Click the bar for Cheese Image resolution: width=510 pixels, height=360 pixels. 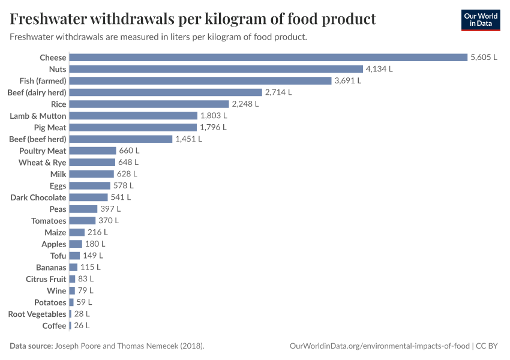[x=268, y=58]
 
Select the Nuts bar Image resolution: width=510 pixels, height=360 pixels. [x=216, y=69]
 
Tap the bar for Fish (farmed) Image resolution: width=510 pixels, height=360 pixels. [x=200, y=80]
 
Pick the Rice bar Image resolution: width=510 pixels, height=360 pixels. [x=149, y=104]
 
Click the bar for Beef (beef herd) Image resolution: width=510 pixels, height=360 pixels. [x=121, y=139]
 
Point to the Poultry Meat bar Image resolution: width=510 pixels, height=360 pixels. [x=92, y=151]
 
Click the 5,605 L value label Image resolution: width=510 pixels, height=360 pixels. [x=484, y=58]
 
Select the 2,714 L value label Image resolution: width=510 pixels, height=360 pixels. [x=278, y=92]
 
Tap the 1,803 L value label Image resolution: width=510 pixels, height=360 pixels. [x=214, y=116]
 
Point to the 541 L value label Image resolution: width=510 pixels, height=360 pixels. [x=121, y=197]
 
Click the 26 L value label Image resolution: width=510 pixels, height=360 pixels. [x=82, y=326]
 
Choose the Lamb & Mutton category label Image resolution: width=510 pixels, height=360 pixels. [x=38, y=116]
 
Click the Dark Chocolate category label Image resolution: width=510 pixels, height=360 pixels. [x=38, y=197]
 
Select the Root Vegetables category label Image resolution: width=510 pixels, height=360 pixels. [x=37, y=314]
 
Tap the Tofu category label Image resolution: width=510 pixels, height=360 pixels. [x=58, y=256]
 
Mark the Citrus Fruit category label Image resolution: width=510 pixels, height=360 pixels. [x=46, y=279]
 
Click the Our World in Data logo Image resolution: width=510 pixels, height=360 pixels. [x=481, y=20]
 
